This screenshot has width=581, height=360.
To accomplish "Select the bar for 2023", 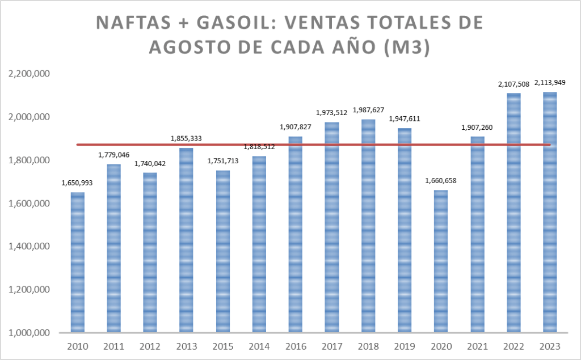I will pyautogui.click(x=550, y=212).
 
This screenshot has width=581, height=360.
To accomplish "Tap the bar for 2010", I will pyautogui.click(x=78, y=262).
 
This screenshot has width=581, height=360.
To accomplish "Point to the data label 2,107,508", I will pyautogui.click(x=513, y=84).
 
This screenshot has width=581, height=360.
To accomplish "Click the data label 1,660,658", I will pyautogui.click(x=441, y=181).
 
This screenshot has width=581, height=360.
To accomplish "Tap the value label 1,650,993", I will pyautogui.click(x=78, y=183).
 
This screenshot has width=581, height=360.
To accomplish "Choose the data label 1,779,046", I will pyautogui.click(x=114, y=155).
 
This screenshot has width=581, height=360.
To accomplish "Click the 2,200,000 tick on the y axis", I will pyautogui.click(x=29, y=74).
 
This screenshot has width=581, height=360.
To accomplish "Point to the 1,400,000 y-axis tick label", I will pyautogui.click(x=29, y=246).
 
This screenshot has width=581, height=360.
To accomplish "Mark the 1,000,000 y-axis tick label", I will pyautogui.click(x=29, y=333).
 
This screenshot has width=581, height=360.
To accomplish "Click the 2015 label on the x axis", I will pyautogui.click(x=223, y=345).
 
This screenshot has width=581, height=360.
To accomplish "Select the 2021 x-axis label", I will pyautogui.click(x=477, y=345).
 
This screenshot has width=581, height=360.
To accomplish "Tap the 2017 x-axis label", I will pyautogui.click(x=332, y=345).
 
